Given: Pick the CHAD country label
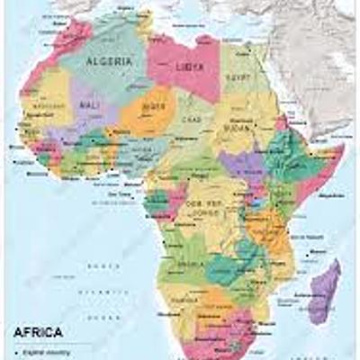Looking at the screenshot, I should coord(190,121).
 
